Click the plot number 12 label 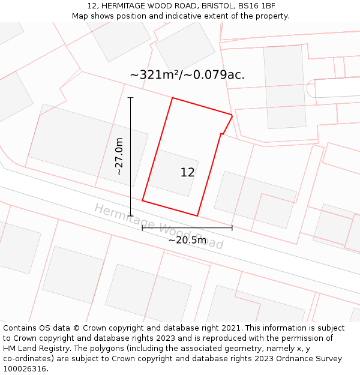187,172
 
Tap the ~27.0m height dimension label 119,157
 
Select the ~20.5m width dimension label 187,240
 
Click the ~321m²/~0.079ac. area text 187,75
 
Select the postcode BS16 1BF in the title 256,6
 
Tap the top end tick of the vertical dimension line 131,97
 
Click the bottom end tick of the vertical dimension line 131,215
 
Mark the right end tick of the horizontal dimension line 232,228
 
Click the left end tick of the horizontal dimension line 142,228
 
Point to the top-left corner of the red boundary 172,98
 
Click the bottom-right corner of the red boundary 197,215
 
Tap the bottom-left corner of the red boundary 142,200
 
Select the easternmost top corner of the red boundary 232,114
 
